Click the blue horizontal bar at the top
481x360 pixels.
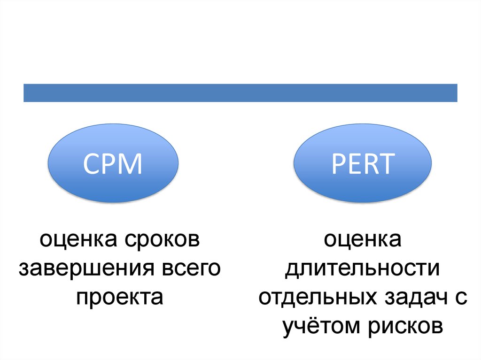240,92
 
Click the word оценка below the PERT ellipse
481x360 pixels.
362,241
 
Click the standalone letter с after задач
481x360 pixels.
462,299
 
